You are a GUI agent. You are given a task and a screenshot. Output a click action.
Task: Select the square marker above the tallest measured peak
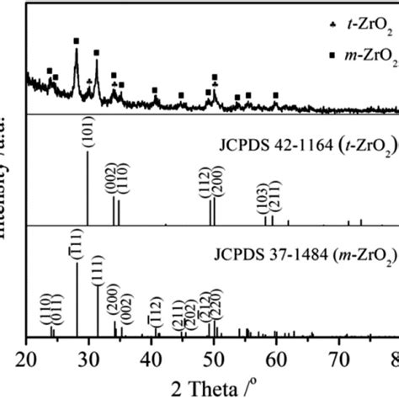point(77,40)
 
